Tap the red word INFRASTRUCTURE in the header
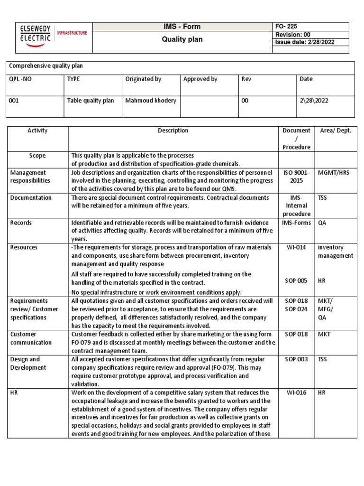click(72, 33)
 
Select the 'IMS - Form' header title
click(182, 27)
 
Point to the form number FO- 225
click(286, 27)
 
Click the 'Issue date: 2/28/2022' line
click(305, 42)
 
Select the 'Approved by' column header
click(200, 79)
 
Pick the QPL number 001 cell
click(14, 101)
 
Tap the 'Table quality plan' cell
click(91, 101)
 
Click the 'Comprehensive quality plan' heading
click(46, 66)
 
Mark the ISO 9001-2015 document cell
click(296, 177)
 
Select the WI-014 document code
click(296, 247)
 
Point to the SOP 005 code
click(296, 280)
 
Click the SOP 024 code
click(296, 309)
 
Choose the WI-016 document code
click(296, 393)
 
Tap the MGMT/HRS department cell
click(333, 173)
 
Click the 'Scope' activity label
click(37, 156)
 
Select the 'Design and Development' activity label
click(25, 363)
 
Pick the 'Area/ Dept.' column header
click(336, 131)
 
